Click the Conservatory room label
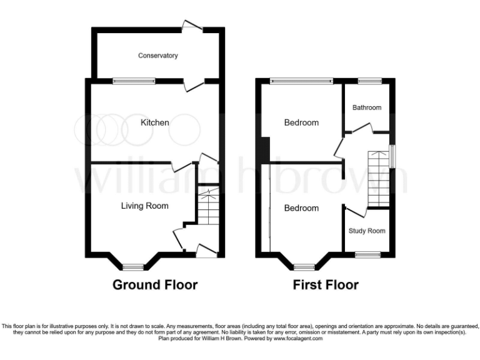tap(158, 56)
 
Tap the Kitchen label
tap(154, 122)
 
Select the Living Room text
tap(144, 205)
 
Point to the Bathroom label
tap(367, 107)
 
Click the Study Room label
tap(367, 231)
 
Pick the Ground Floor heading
tap(155, 285)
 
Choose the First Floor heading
tap(326, 285)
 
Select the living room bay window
tap(132, 267)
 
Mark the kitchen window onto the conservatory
tap(134, 80)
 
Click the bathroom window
tap(369, 80)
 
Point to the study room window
tap(367, 254)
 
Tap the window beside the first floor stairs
tap(392, 156)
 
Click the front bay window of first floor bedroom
tap(304, 267)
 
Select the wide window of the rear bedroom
tap(302, 80)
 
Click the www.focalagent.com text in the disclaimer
tap(297, 338)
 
